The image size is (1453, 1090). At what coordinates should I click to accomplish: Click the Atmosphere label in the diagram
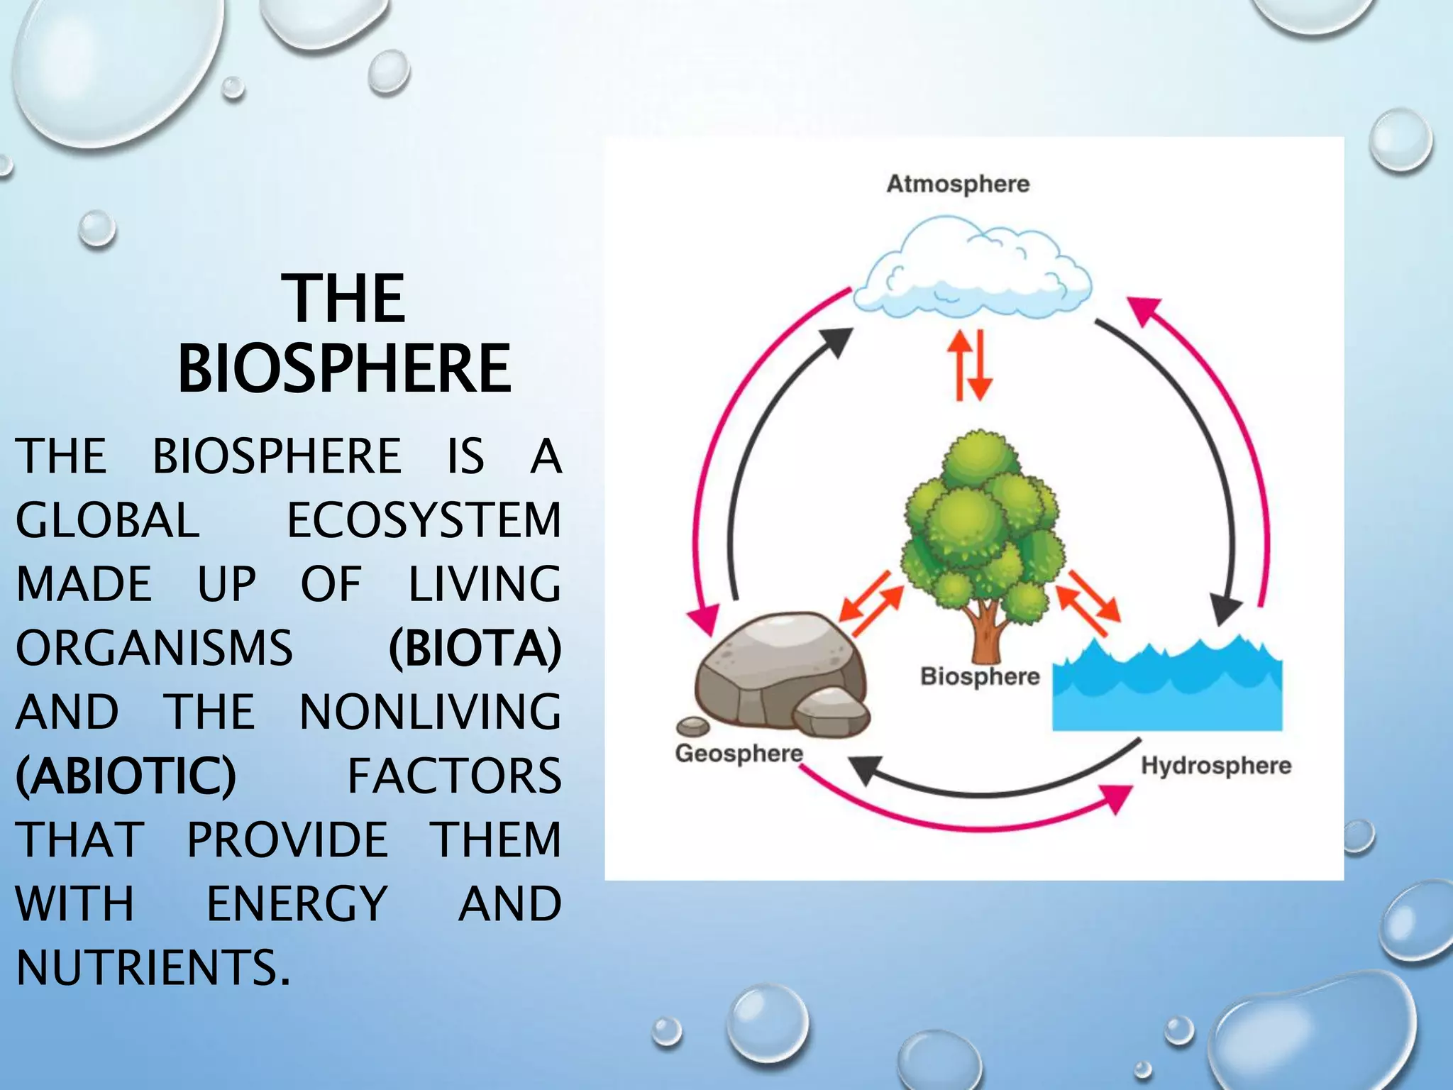click(x=958, y=184)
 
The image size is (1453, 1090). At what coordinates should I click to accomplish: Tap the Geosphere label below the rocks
click(x=739, y=754)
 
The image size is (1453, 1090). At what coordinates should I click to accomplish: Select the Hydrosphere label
click(x=1215, y=766)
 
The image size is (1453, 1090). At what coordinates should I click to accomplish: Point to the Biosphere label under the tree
click(x=980, y=676)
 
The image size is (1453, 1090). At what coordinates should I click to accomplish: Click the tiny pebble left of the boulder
click(x=692, y=726)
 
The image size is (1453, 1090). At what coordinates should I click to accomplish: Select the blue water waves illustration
click(x=1167, y=688)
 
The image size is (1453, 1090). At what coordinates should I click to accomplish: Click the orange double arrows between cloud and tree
click(x=970, y=364)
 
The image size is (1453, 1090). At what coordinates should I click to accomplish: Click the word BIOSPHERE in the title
click(x=344, y=368)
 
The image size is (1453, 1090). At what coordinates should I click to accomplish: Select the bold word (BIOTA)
click(x=475, y=648)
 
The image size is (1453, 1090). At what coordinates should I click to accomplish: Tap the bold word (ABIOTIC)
click(x=126, y=776)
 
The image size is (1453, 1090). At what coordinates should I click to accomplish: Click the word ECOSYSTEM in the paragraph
click(x=424, y=519)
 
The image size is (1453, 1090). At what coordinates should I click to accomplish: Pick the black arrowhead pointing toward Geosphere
click(x=867, y=769)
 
